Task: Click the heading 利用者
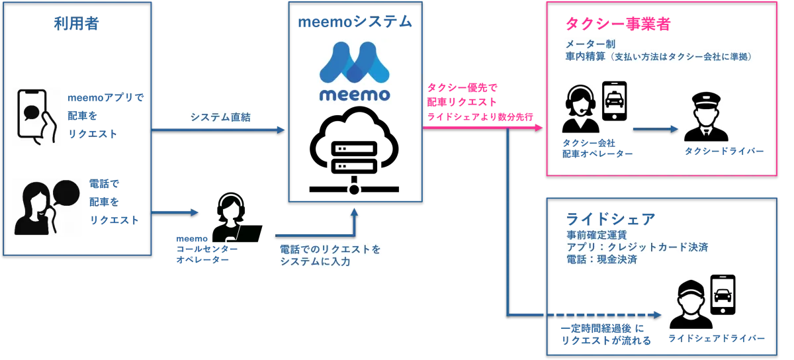(x=76, y=24)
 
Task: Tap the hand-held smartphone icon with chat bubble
(x=36, y=117)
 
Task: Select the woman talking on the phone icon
(x=47, y=208)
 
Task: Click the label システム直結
(x=220, y=117)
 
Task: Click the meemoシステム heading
(x=355, y=22)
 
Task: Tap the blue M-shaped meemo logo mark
(x=355, y=62)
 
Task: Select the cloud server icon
(x=354, y=150)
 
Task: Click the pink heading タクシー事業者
(x=617, y=24)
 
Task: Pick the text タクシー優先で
(x=463, y=87)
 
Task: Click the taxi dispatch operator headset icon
(x=580, y=109)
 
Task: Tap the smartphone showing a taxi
(x=614, y=101)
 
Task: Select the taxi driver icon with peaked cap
(x=706, y=116)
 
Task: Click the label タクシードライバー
(x=724, y=151)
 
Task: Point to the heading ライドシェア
(x=610, y=219)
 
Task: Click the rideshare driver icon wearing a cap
(x=691, y=304)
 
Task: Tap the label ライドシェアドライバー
(x=717, y=338)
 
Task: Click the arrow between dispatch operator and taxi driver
(x=656, y=129)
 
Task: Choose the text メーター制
(x=590, y=44)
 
